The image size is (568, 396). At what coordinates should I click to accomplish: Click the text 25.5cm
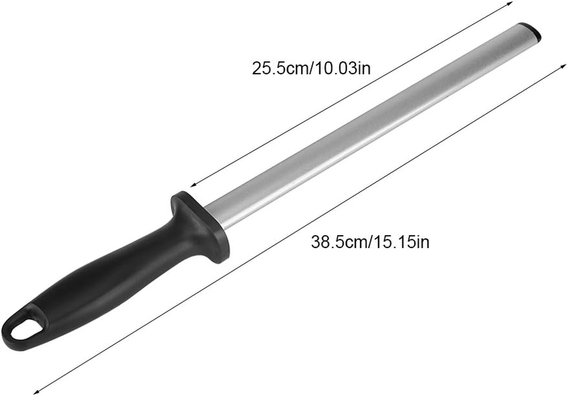pos(279,68)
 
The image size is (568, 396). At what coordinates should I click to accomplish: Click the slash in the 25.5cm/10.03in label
pos(309,68)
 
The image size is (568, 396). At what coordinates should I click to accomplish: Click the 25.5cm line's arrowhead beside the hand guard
pos(194,184)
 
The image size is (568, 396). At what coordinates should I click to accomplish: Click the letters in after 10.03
pos(364,68)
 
